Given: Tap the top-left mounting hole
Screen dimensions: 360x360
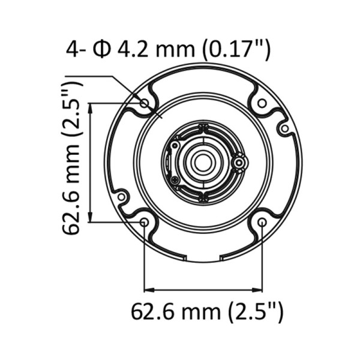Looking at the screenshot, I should (144, 104).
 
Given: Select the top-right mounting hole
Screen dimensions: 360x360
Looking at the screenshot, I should (262, 104).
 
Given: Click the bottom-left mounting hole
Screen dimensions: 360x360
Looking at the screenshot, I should (144, 222).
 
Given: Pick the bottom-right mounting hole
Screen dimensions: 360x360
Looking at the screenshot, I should (262, 222).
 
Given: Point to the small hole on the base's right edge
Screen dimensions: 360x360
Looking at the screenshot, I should (284, 128).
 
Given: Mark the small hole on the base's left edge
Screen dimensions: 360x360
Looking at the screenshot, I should (121, 196).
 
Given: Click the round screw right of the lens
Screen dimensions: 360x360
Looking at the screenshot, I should (239, 162).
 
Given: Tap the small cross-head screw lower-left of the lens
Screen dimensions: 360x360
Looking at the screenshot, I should (174, 179).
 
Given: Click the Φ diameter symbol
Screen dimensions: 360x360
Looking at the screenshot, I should (101, 49).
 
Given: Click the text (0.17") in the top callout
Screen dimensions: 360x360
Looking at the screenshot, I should (235, 49).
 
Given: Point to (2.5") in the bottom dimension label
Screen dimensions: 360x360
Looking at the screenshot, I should (255, 313).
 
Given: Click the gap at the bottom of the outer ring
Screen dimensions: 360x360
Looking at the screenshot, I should (203, 259).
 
